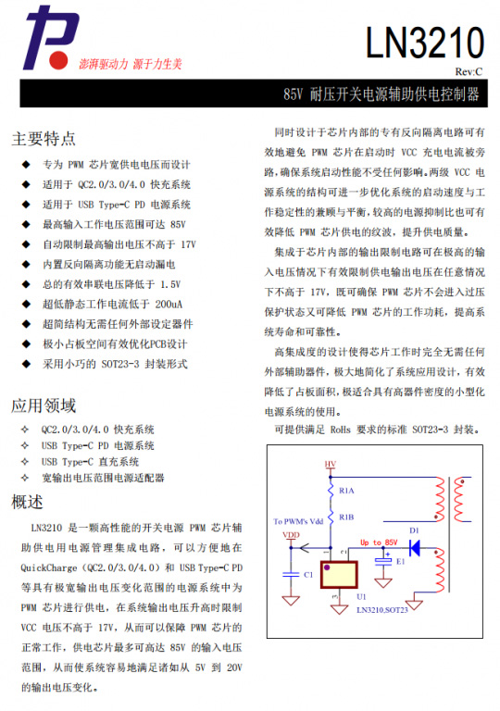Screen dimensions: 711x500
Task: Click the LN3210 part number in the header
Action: (x=425, y=43)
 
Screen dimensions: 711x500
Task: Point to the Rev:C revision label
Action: (x=468, y=71)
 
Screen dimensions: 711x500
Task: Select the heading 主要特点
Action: (x=44, y=139)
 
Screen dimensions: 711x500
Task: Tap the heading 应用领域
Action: (x=44, y=405)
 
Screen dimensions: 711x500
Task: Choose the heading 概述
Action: (x=28, y=503)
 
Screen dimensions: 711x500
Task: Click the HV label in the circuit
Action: (x=330, y=463)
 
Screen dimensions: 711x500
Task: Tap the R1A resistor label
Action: (x=347, y=489)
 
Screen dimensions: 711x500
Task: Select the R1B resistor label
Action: (x=347, y=517)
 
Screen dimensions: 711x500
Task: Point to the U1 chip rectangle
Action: (x=339, y=574)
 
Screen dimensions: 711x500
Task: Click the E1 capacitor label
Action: (x=400, y=561)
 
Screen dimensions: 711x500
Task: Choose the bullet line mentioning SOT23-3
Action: (x=115, y=364)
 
